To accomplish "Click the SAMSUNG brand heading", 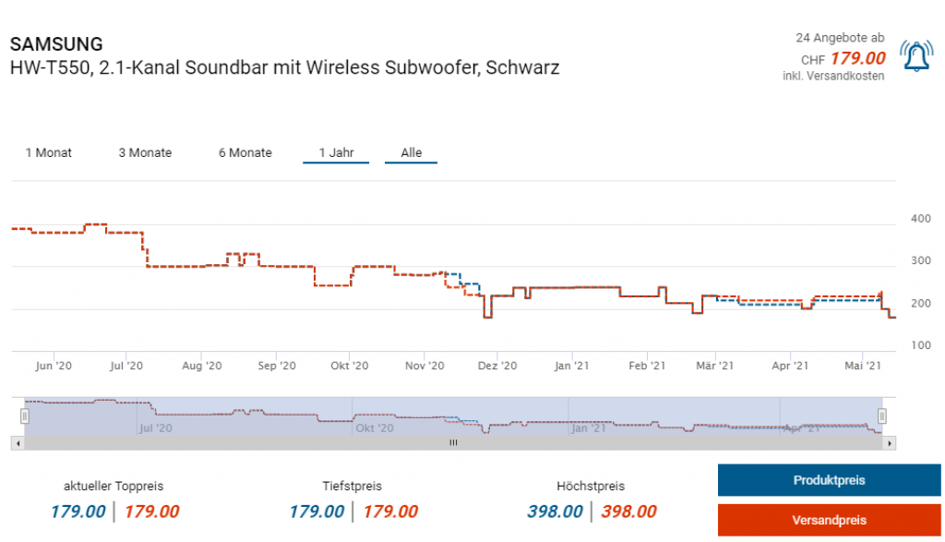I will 56,44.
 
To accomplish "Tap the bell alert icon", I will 916,57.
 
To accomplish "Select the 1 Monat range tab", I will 49,152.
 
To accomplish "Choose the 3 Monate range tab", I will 145,152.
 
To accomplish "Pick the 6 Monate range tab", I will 245,152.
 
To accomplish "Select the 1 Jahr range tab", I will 336,152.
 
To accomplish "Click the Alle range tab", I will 412,152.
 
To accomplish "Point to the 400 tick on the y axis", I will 921,219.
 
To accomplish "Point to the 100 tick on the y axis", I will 921,345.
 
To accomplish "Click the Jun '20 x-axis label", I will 54,367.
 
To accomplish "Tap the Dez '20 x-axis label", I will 497,367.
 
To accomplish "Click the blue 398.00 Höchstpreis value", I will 556,512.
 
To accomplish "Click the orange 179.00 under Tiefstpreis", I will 390,512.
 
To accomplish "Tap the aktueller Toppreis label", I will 114,486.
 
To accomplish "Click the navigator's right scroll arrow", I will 890,443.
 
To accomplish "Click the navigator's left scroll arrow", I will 16,443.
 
